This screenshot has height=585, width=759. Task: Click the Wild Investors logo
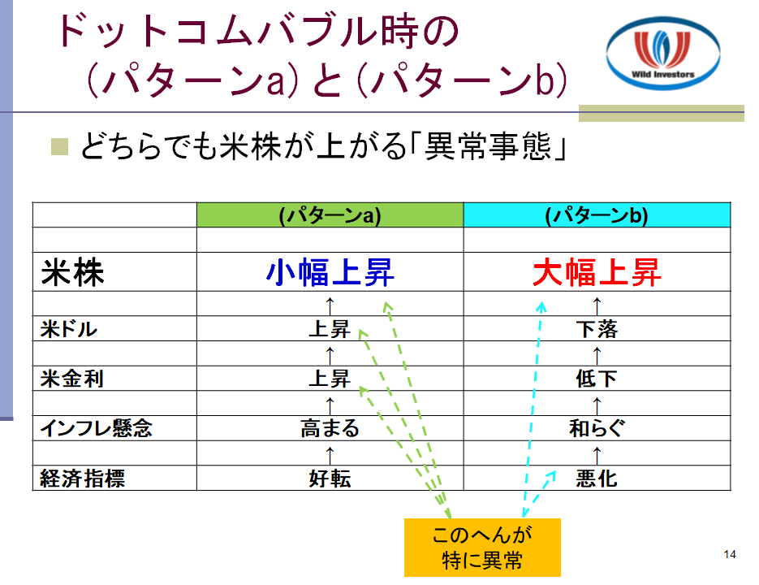pyautogui.click(x=662, y=54)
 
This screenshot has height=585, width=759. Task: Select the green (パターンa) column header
pyautogui.click(x=330, y=214)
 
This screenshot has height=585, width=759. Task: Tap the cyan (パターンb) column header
pyautogui.click(x=597, y=214)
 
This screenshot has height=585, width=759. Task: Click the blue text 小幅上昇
pyautogui.click(x=330, y=272)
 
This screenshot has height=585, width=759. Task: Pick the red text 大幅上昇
pyautogui.click(x=597, y=272)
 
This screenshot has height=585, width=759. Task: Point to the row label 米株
pyautogui.click(x=72, y=272)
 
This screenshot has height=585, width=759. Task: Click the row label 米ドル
pyautogui.click(x=69, y=329)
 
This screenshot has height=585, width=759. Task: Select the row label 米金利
pyautogui.click(x=71, y=379)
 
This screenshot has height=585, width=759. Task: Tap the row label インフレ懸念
pyautogui.click(x=97, y=428)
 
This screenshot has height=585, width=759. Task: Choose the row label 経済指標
pyautogui.click(x=82, y=479)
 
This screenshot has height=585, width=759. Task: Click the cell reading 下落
pyautogui.click(x=597, y=329)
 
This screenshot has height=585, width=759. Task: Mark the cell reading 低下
pyautogui.click(x=597, y=379)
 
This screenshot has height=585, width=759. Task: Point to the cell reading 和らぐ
pyautogui.click(x=597, y=428)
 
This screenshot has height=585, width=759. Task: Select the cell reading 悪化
pyautogui.click(x=597, y=479)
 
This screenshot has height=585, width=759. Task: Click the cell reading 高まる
pyautogui.click(x=330, y=428)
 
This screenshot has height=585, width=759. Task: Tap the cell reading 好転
pyautogui.click(x=330, y=479)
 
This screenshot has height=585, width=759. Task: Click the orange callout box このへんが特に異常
pyautogui.click(x=482, y=547)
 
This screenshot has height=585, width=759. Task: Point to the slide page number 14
pyautogui.click(x=730, y=554)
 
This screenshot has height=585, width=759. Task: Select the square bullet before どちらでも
pyautogui.click(x=59, y=147)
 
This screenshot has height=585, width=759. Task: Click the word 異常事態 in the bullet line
pyautogui.click(x=488, y=146)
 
